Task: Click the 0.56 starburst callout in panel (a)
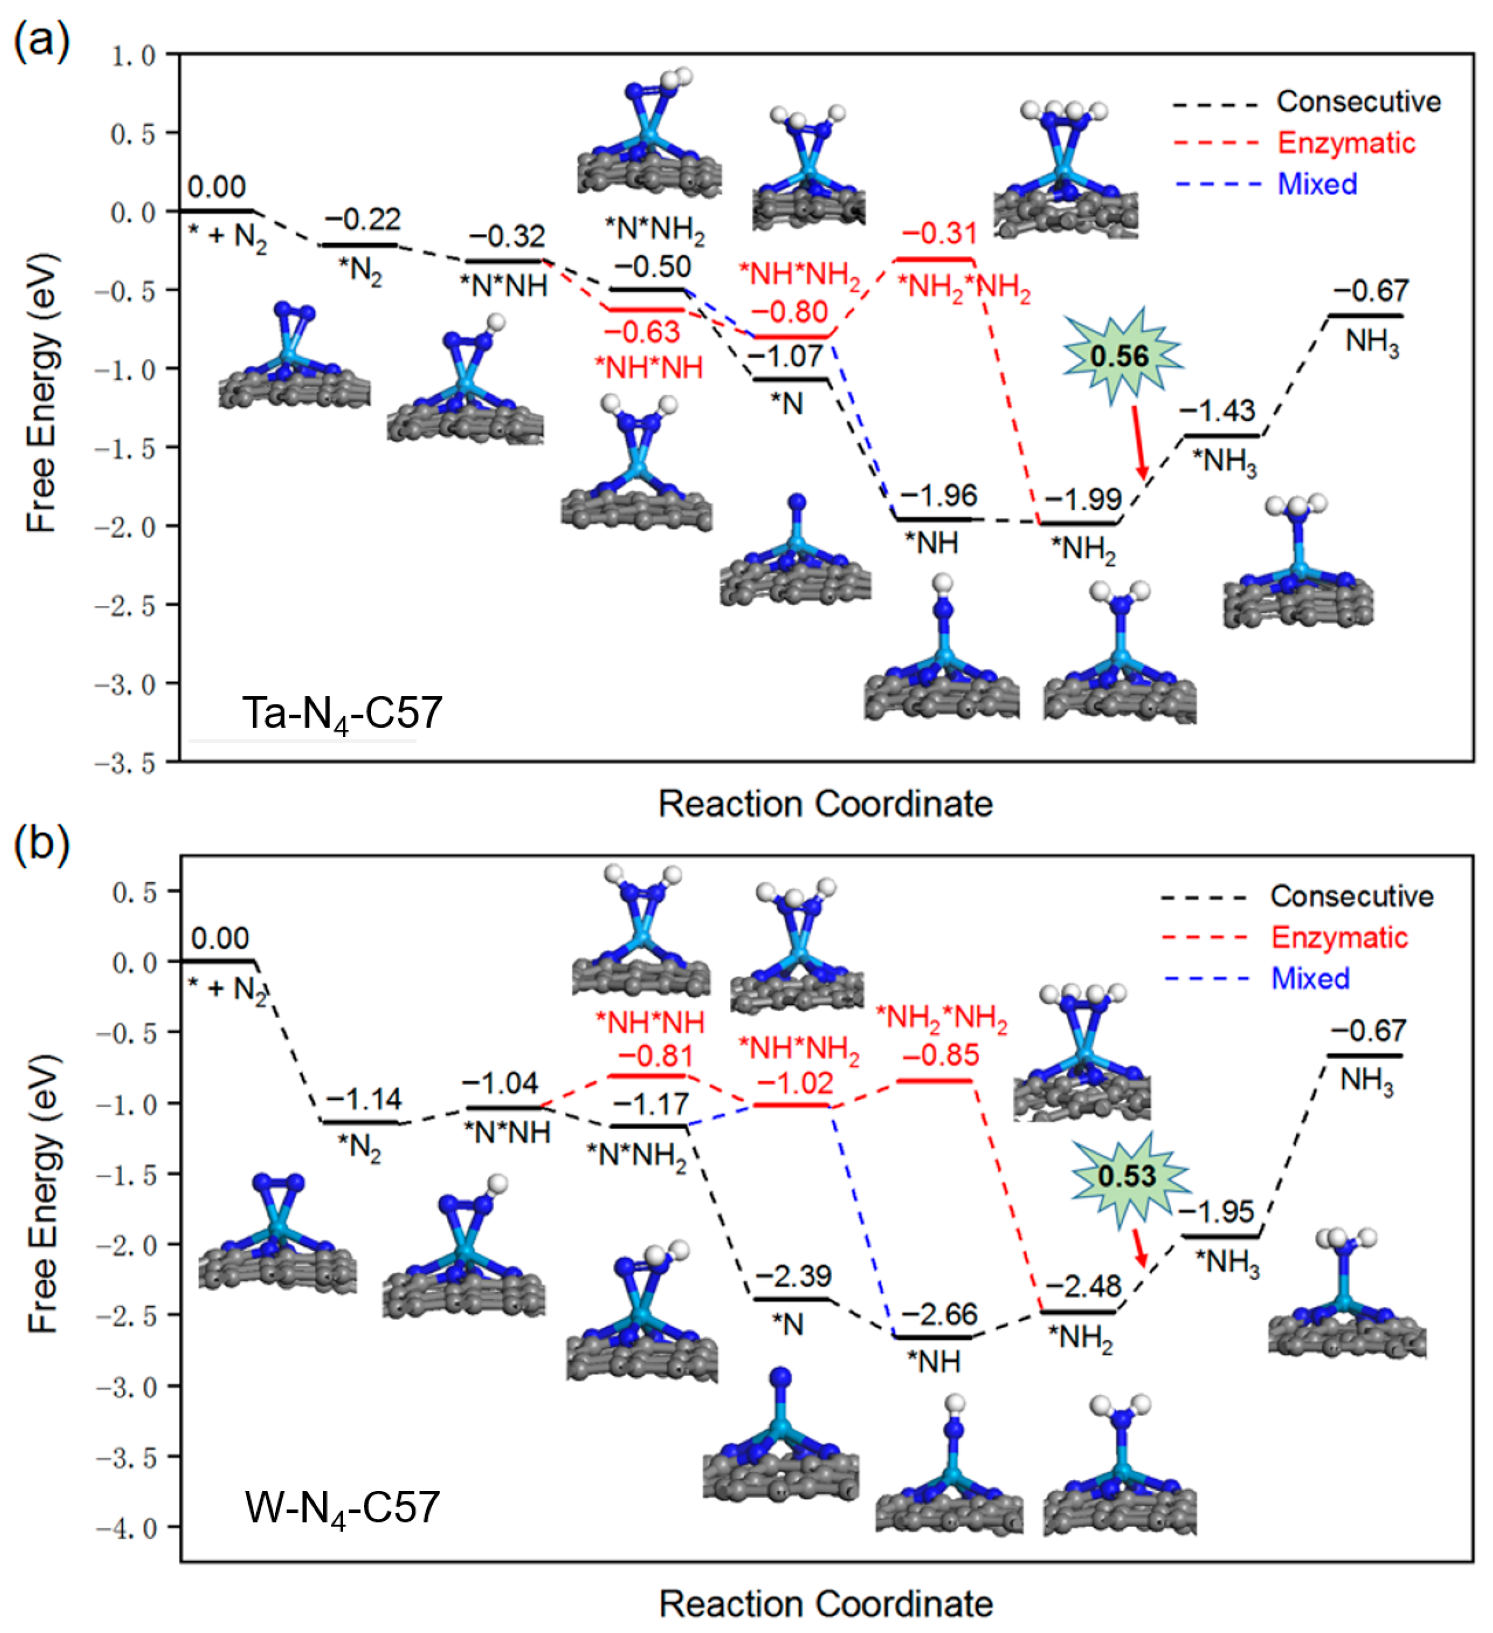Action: click(x=1120, y=356)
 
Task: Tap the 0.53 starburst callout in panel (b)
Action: click(x=1127, y=1175)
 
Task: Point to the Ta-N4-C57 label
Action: click(x=342, y=713)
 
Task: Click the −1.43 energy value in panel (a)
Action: click(x=1217, y=411)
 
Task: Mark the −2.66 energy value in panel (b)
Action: click(x=939, y=1314)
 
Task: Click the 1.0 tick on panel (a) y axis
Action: click(x=133, y=56)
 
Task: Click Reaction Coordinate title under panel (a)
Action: click(x=825, y=804)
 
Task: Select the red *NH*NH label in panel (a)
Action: click(x=649, y=368)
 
